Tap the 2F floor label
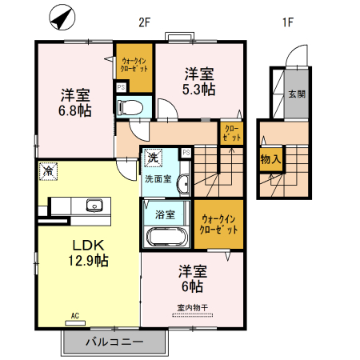click(x=145, y=22)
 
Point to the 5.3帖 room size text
click(x=198, y=90)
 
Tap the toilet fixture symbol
click(x=130, y=106)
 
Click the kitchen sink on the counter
click(x=95, y=206)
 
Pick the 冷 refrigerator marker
click(x=48, y=171)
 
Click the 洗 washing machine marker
click(x=151, y=157)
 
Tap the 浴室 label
click(x=166, y=214)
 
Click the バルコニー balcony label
click(x=114, y=342)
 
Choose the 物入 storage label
click(x=270, y=158)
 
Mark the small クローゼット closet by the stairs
click(x=230, y=133)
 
